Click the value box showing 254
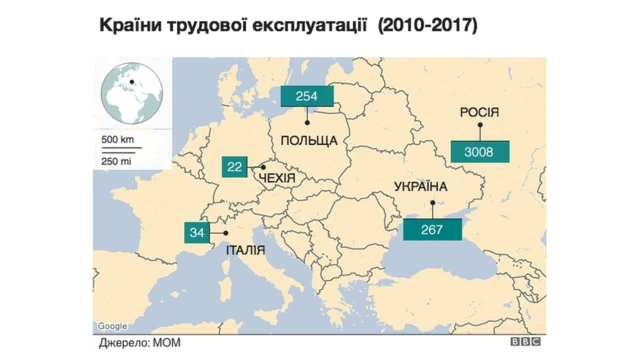pos(307,97)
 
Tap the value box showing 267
pos(432,229)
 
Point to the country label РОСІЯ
pos(478,112)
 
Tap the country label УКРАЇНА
pos(421,187)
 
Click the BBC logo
pos(527,342)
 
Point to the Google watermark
pos(113,326)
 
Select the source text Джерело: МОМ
pos(135,342)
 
